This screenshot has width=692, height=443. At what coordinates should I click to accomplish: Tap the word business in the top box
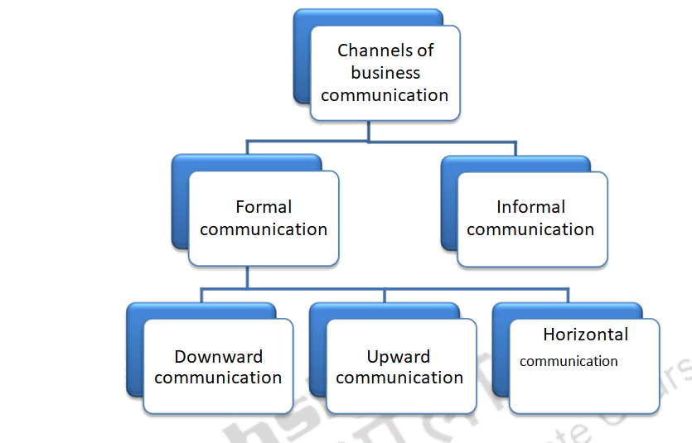click(385, 73)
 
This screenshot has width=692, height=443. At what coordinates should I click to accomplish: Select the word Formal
click(264, 207)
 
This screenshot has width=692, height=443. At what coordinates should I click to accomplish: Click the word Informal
click(530, 207)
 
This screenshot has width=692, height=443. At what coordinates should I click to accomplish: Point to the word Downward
click(218, 357)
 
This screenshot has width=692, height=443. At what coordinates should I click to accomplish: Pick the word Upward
click(399, 357)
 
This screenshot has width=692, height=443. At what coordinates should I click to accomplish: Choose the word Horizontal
click(585, 335)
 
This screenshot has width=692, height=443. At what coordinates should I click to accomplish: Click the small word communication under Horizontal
click(569, 361)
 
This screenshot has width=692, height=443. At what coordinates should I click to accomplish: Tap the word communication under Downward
click(218, 378)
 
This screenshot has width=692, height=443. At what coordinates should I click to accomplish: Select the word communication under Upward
click(399, 378)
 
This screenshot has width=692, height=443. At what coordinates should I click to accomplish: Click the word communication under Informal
click(530, 229)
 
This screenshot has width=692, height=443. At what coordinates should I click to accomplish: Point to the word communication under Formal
click(264, 229)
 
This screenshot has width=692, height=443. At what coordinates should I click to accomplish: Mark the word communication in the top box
click(385, 95)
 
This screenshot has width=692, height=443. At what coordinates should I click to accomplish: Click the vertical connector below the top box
click(369, 132)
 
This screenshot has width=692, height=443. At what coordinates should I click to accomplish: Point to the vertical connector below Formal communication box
click(248, 278)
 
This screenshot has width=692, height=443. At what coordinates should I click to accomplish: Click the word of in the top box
click(426, 51)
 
